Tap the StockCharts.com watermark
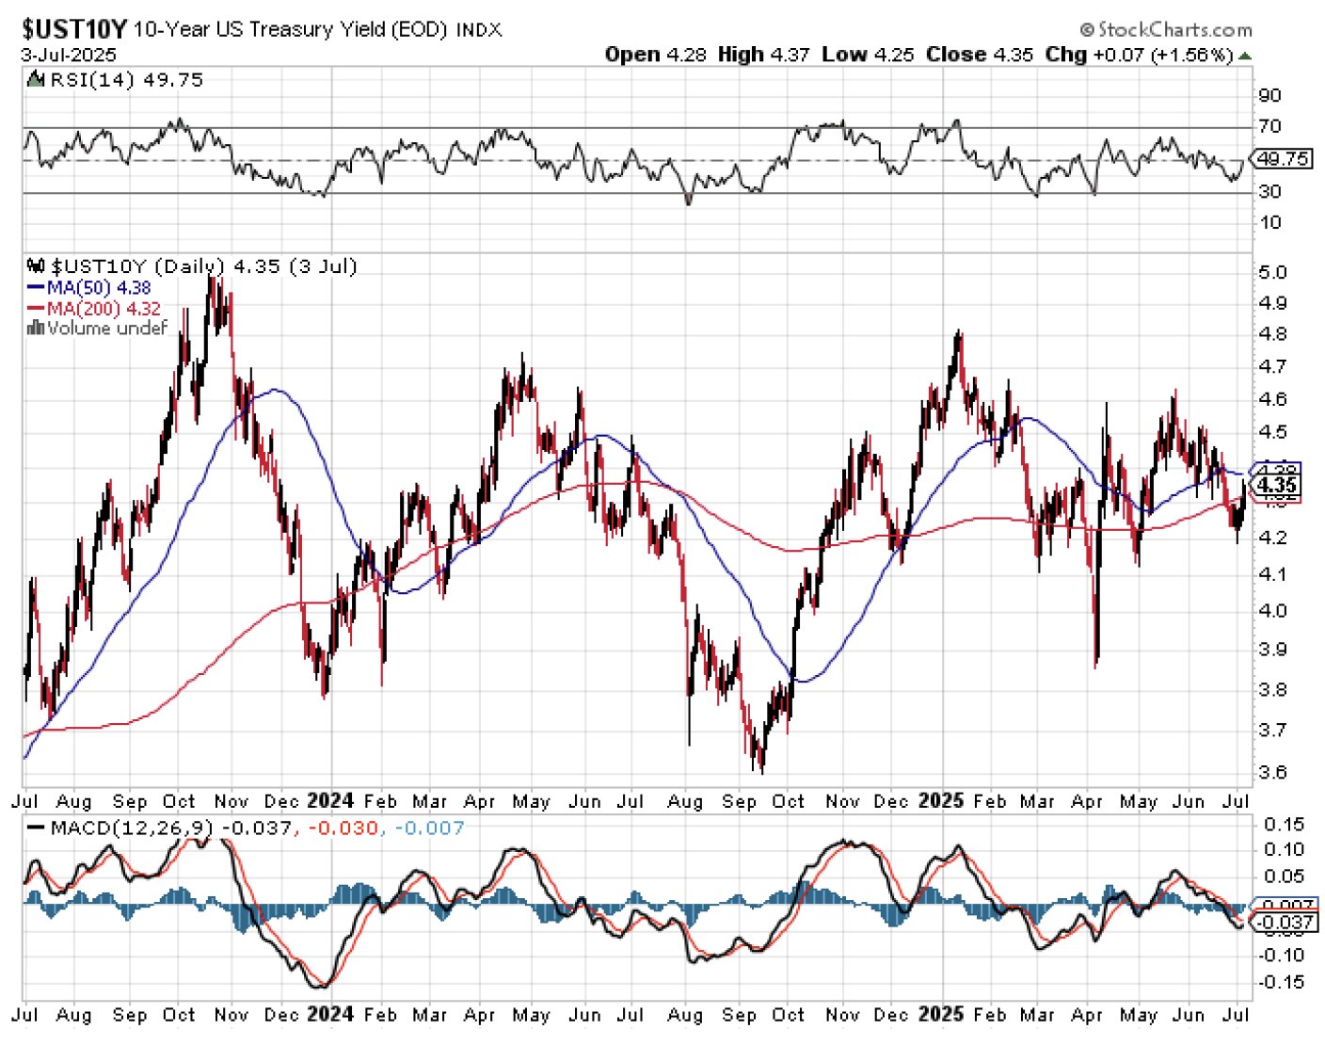pyautogui.click(x=1166, y=30)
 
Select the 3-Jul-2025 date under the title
pyautogui.click(x=69, y=55)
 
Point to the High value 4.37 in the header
pyautogui.click(x=790, y=55)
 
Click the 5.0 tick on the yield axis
pyautogui.click(x=1272, y=272)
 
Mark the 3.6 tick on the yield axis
pyautogui.click(x=1272, y=772)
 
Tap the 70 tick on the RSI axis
pyautogui.click(x=1269, y=126)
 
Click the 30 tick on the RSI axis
pyautogui.click(x=1269, y=191)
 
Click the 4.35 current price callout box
pyautogui.click(x=1278, y=486)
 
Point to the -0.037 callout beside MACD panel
pyautogui.click(x=1285, y=923)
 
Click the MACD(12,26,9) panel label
pyautogui.click(x=132, y=828)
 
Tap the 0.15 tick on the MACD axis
pyautogui.click(x=1284, y=825)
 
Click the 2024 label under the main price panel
pyautogui.click(x=330, y=801)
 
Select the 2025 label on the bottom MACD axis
pyautogui.click(x=941, y=1015)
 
